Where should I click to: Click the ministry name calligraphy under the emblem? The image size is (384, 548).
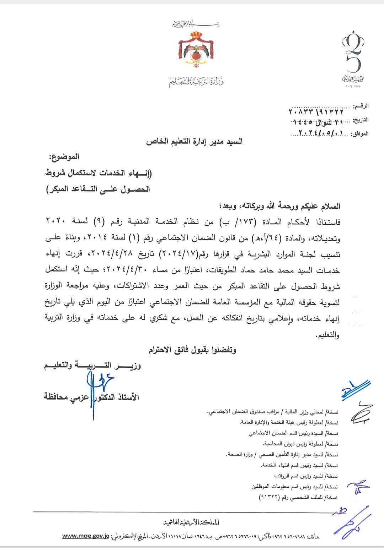click(196, 82)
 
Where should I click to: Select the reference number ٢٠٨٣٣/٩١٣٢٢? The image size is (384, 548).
click(316, 112)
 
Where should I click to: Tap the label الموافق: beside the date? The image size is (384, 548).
click(359, 134)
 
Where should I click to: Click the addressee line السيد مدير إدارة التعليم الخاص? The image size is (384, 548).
click(194, 142)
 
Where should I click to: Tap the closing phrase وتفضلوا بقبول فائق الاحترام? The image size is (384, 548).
click(192, 350)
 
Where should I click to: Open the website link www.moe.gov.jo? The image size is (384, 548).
click(86, 536)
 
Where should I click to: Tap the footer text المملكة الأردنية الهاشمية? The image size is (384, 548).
click(191, 522)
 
